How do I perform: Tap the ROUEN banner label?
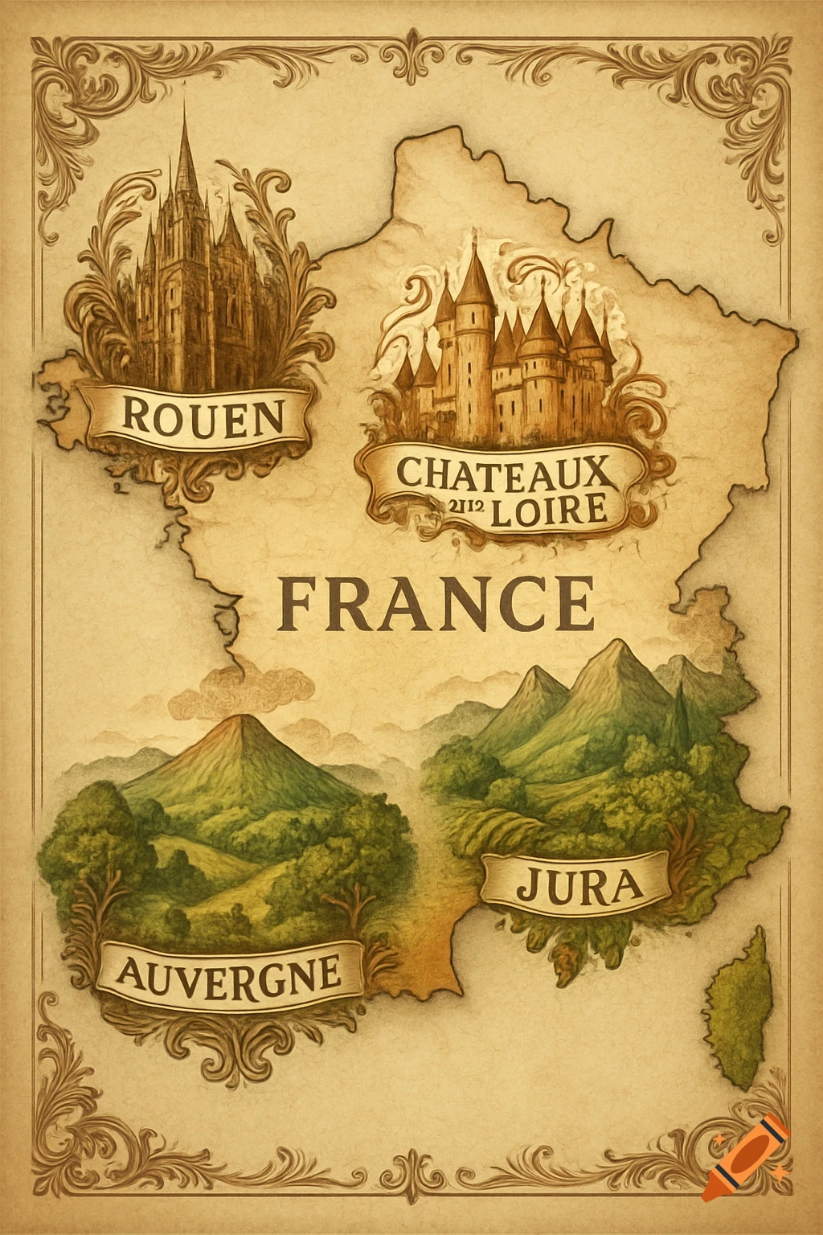203,416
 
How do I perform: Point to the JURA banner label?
579,885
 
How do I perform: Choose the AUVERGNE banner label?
228,973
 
